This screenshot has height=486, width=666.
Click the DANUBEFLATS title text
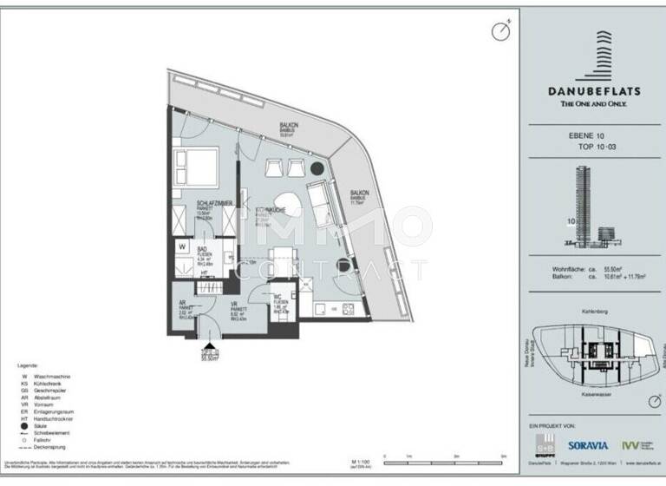[595, 89]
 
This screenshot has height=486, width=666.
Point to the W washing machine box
[182, 246]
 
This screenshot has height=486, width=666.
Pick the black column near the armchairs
[317, 168]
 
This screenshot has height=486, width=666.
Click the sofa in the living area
[320, 199]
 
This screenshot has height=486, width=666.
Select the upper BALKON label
[289, 127]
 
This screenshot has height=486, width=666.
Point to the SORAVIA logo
[591, 445]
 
